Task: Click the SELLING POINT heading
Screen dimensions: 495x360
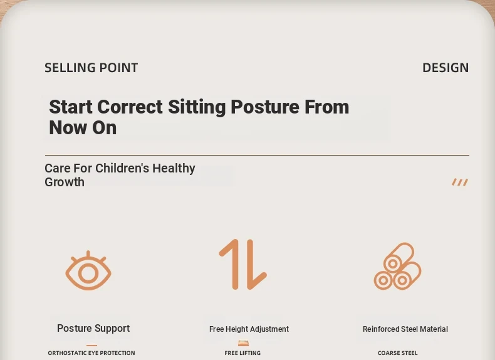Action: coord(91,68)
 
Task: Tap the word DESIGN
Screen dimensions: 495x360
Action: coord(445,68)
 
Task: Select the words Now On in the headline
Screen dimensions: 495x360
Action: coord(83,128)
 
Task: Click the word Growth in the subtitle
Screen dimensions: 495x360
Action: coord(65,182)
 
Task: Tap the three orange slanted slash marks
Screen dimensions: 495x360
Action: coord(460,182)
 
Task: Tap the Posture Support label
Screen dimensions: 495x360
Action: coord(93,329)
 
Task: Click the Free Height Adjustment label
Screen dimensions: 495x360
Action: coord(249,329)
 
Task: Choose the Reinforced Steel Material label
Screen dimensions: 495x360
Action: coord(405,329)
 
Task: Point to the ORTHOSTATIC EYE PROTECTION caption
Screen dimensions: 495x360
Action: coord(91,353)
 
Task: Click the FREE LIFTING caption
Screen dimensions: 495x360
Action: coord(242,353)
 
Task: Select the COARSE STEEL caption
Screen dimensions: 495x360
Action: coord(397,353)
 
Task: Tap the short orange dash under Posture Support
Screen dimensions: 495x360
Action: coord(91,346)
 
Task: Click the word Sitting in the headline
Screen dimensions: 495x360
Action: coord(197,107)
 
